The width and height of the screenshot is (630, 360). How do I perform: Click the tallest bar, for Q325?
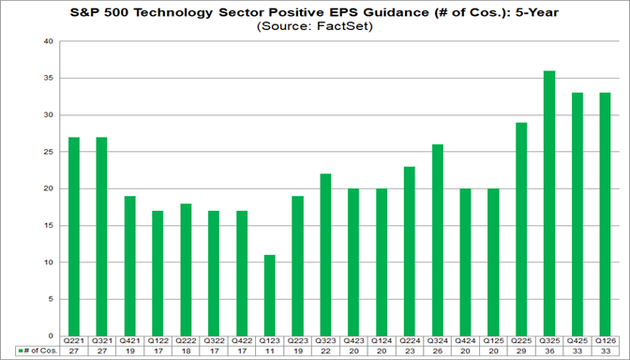(x=549, y=202)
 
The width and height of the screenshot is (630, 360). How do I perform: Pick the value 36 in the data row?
(x=549, y=352)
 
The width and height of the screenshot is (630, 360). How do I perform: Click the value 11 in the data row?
(x=270, y=352)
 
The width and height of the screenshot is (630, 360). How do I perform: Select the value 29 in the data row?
(x=521, y=352)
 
